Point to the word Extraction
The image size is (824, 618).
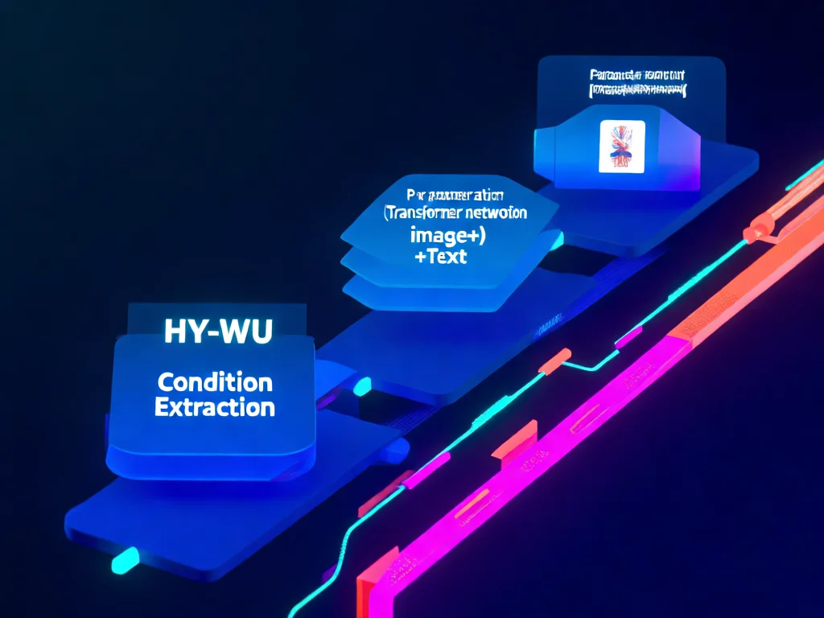214,407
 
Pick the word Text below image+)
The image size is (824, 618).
446,258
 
